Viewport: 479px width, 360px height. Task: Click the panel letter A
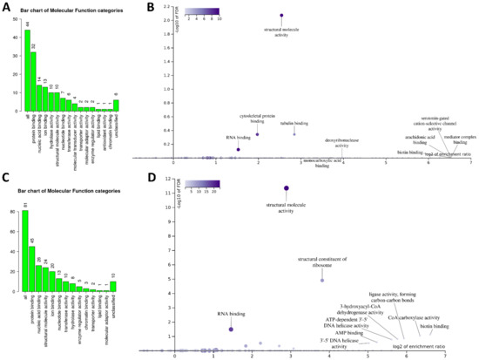[7, 8]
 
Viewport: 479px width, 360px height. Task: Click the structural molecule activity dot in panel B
[281, 16]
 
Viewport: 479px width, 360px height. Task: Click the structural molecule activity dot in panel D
[287, 187]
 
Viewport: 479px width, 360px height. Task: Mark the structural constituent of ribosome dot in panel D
[321, 280]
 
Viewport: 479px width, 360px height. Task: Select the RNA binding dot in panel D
[231, 329]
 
